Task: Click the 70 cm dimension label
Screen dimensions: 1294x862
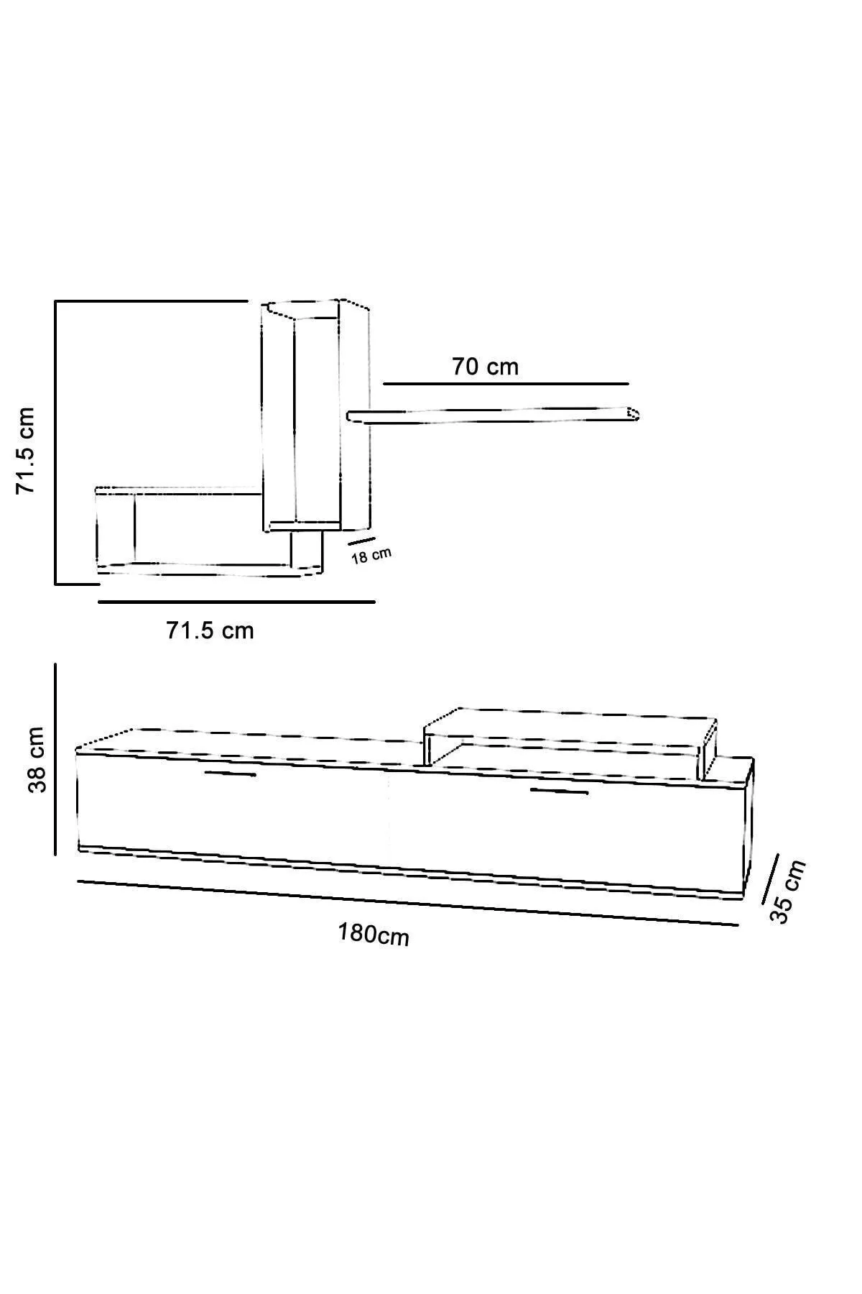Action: coord(485,367)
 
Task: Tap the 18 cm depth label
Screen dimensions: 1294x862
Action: coord(371,555)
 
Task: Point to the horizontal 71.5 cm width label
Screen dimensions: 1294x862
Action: coord(210,630)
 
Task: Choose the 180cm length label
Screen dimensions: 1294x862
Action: coord(374,935)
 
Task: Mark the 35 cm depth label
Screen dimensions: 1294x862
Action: coord(788,891)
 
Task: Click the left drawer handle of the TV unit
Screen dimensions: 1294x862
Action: coord(230,774)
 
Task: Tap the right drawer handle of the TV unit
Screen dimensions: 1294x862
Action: coord(559,792)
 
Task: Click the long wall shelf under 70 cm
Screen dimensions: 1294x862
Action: coord(492,416)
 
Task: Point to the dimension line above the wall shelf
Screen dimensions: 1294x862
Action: coord(506,384)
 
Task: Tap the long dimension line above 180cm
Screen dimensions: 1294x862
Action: coord(407,902)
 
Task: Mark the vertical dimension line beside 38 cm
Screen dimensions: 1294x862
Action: coord(55,760)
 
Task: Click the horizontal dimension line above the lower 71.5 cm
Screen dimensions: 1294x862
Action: coord(236,601)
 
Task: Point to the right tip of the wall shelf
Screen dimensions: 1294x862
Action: coord(634,414)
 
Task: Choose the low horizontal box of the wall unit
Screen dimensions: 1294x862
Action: coord(194,528)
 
